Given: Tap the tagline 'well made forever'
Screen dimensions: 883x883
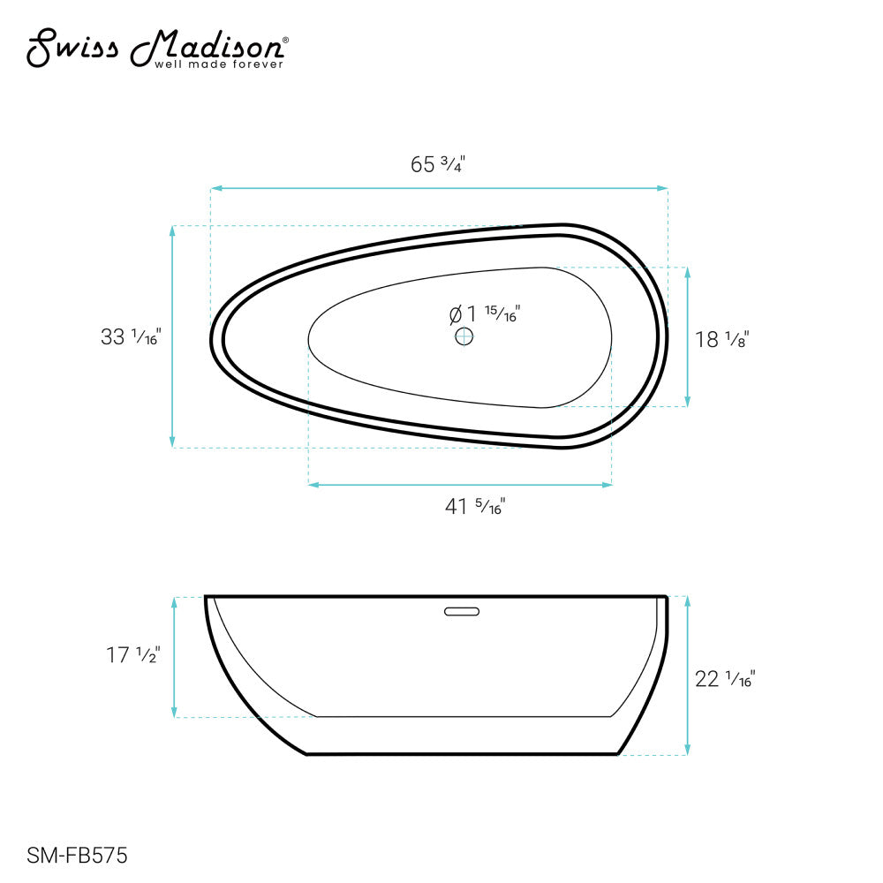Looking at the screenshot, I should tap(219, 64).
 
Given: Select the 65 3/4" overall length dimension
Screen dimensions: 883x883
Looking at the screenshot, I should tap(438, 164).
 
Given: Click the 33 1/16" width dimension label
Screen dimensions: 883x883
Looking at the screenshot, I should tap(131, 336).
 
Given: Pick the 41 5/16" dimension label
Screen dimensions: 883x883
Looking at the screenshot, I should tap(475, 507).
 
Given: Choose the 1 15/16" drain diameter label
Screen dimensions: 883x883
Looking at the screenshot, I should tap(485, 313).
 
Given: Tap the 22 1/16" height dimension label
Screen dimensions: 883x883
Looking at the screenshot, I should tap(725, 679).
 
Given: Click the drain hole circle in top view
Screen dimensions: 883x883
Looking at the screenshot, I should tap(464, 336).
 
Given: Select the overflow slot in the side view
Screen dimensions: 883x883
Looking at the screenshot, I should tap(460, 609).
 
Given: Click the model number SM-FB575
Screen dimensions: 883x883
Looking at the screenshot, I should tap(78, 855).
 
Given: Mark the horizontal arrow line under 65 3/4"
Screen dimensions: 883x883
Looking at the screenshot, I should tap(438, 188).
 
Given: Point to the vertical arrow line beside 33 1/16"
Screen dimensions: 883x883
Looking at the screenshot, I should tap(173, 336).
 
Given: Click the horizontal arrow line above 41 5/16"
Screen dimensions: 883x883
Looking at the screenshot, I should tap(459, 484).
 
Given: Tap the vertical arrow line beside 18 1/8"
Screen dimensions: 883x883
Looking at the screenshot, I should tap(688, 336).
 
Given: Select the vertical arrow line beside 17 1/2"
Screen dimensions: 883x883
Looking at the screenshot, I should tap(175, 657).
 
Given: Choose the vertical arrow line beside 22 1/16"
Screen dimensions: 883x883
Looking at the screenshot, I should tap(687, 675).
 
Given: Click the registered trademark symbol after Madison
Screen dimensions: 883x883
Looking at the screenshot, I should tap(283, 40).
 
